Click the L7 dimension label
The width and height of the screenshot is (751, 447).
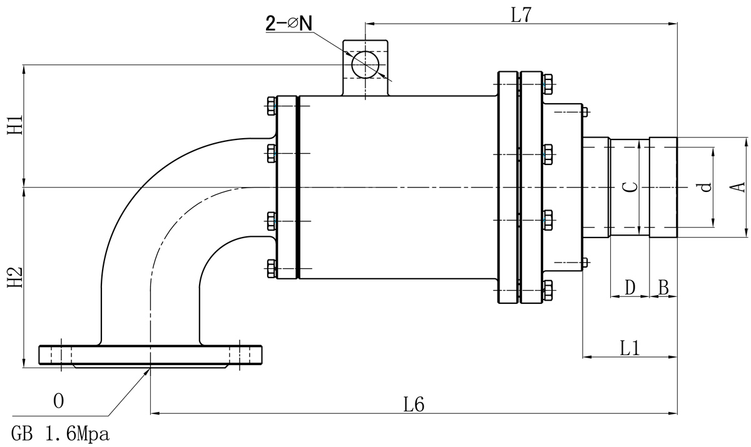click(521, 15)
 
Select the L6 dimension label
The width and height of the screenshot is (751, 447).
click(414, 404)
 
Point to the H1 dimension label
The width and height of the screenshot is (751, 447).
click(16, 125)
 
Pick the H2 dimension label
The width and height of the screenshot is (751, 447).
click(16, 277)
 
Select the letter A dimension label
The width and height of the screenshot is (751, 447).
click(738, 187)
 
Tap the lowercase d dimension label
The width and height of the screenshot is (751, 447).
click(705, 187)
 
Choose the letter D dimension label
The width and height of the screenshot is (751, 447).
click(630, 288)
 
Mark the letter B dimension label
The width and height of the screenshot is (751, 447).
click(663, 288)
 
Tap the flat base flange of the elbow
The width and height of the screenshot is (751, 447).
click(150, 354)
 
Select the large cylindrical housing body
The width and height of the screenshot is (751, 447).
click(397, 187)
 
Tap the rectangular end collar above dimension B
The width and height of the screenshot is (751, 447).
click(663, 187)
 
